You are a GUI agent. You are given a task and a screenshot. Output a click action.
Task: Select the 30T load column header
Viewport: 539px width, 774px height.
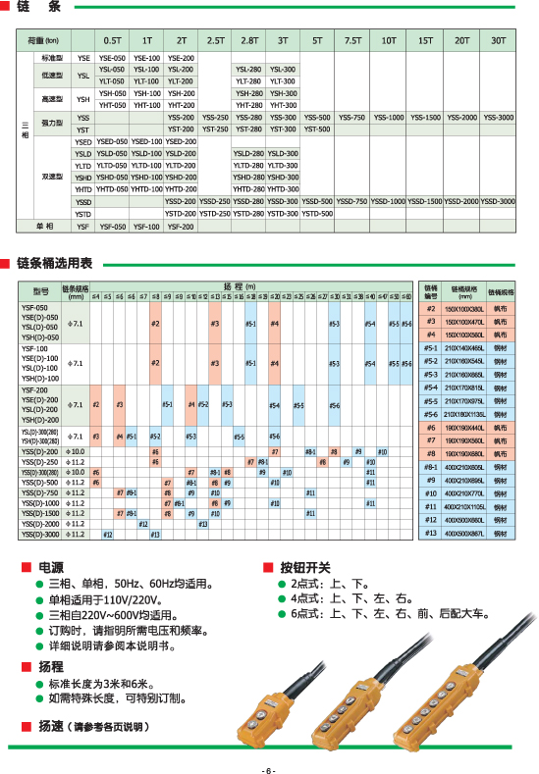click(x=499, y=40)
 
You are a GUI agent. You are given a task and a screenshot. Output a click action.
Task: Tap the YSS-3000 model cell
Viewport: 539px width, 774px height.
click(x=498, y=118)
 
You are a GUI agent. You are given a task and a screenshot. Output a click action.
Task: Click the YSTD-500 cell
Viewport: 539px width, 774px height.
click(x=316, y=214)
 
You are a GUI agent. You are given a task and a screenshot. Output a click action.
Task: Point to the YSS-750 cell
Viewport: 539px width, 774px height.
click(x=352, y=118)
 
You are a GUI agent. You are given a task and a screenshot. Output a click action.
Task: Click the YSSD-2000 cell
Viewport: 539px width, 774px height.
click(x=461, y=201)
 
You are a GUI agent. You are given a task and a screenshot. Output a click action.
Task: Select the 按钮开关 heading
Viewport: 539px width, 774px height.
click(x=305, y=567)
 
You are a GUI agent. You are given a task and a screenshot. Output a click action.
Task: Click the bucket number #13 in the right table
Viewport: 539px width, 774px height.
click(x=430, y=533)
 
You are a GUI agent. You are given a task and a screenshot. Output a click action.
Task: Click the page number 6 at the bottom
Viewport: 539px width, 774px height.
click(x=269, y=768)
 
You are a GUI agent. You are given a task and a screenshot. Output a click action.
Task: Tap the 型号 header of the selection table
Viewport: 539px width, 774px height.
click(x=40, y=291)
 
